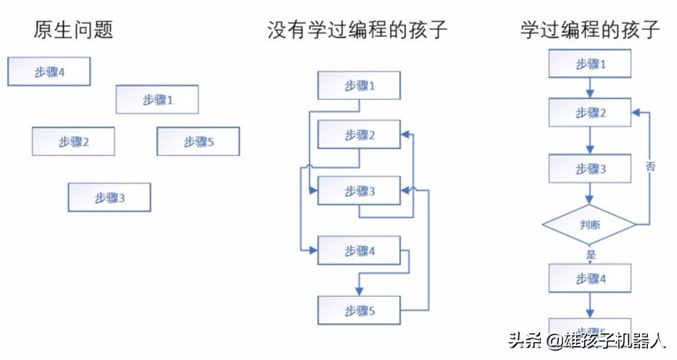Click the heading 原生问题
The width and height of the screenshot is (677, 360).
tap(74, 31)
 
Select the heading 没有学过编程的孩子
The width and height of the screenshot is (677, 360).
tap(357, 31)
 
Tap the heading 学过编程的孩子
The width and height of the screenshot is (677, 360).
tap(589, 31)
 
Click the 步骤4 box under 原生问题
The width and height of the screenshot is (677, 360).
tap(49, 72)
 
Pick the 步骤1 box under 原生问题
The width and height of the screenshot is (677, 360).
tap(157, 99)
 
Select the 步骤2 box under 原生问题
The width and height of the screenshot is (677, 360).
tap(74, 141)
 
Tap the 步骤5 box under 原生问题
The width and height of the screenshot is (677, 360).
tap(198, 141)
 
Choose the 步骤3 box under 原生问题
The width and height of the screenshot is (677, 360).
tap(109, 198)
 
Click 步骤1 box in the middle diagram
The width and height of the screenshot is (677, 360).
tap(359, 85)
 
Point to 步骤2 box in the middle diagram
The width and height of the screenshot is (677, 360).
tap(359, 135)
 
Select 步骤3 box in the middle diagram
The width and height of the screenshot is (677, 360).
tap(359, 192)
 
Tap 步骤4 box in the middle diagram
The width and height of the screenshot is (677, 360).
tap(359, 251)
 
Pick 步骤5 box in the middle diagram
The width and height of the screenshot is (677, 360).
tap(359, 310)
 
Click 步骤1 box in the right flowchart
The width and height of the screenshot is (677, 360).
tap(590, 64)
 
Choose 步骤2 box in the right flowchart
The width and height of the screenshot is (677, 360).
tap(590, 113)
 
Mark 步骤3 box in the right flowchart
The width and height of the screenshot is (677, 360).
tap(590, 168)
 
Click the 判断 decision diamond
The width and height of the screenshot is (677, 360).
tap(590, 226)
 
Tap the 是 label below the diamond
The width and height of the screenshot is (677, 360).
tap(591, 254)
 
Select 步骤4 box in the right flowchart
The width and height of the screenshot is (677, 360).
tap(590, 278)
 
